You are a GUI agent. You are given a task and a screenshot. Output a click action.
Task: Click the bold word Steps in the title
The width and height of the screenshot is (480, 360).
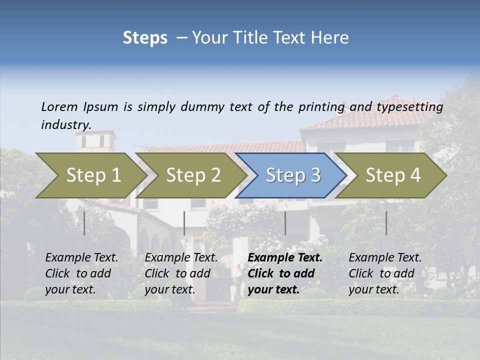pyautogui.click(x=145, y=38)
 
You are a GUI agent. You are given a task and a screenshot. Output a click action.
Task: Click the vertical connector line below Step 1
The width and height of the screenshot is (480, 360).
pyautogui.click(x=84, y=223)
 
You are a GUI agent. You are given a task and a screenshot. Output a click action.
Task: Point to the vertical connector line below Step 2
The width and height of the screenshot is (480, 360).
pyautogui.click(x=184, y=223)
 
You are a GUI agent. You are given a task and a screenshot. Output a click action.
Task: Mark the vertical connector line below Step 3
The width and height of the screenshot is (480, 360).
pyautogui.click(x=285, y=223)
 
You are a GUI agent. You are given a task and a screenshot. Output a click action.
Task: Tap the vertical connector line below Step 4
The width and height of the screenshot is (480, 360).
pyautogui.click(x=386, y=223)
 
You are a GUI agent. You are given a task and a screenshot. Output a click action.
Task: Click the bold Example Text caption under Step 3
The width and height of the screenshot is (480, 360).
pyautogui.click(x=285, y=273)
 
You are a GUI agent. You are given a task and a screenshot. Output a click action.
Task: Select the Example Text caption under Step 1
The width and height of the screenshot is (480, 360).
pyautogui.click(x=81, y=273)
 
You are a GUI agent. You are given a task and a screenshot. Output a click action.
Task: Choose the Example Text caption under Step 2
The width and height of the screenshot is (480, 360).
pyautogui.click(x=181, y=273)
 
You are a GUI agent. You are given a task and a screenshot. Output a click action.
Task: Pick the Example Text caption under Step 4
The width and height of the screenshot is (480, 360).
pyautogui.click(x=385, y=273)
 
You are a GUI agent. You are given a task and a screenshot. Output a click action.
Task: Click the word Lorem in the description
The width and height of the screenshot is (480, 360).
pyautogui.click(x=59, y=107)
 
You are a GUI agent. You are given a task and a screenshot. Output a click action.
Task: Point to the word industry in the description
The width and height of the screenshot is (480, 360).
pyautogui.click(x=66, y=125)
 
